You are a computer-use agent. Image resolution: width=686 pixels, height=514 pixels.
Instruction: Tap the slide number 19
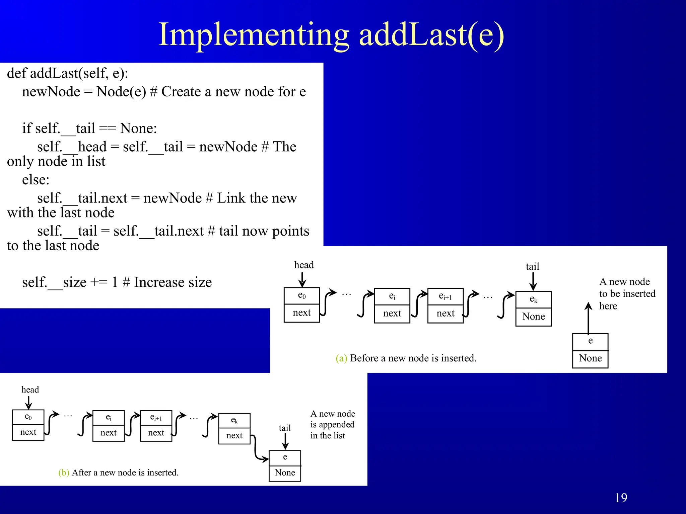pyautogui.click(x=621, y=498)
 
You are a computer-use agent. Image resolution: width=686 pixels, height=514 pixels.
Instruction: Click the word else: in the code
pyautogui.click(x=36, y=180)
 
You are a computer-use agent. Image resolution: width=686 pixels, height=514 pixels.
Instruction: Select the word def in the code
pyautogui.click(x=16, y=73)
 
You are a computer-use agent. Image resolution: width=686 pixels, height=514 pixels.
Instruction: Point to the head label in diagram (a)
pyautogui.click(x=304, y=265)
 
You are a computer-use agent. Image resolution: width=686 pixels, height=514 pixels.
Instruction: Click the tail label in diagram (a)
pyautogui.click(x=532, y=267)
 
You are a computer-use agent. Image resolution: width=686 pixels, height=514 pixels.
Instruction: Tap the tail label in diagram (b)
pyautogui.click(x=285, y=428)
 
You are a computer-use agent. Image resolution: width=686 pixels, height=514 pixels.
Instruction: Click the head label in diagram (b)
pyautogui.click(x=30, y=390)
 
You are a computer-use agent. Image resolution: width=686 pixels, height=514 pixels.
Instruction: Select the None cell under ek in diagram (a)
pyautogui.click(x=533, y=317)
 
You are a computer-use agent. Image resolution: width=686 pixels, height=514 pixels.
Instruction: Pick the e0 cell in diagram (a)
pyautogui.click(x=301, y=295)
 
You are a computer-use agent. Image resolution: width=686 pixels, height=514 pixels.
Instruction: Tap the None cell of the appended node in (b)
pyautogui.click(x=285, y=473)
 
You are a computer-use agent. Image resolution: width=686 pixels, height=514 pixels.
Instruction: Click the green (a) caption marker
pyautogui.click(x=341, y=358)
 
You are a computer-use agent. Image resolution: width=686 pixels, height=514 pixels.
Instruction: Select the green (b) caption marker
pyautogui.click(x=64, y=473)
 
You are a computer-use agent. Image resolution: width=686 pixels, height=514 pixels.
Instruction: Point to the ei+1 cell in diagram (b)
pyautogui.click(x=156, y=418)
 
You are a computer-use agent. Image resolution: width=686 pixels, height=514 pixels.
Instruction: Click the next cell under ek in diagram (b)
pyautogui.click(x=234, y=436)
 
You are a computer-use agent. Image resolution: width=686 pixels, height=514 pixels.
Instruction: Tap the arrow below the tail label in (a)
pyautogui.click(x=533, y=281)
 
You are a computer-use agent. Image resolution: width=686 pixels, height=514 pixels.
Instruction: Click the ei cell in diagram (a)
pyautogui.click(x=392, y=296)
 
